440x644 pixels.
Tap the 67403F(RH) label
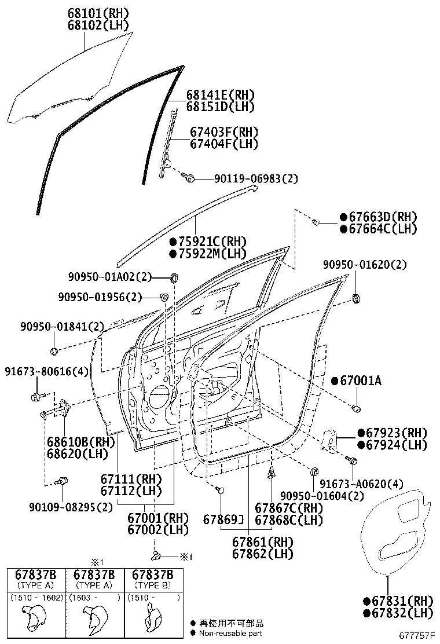[223, 132]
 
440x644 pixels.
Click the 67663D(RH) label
[378, 217]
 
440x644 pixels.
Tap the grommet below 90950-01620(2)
[357, 299]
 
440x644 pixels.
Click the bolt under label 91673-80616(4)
[36, 397]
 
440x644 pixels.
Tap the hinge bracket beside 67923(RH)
[332, 441]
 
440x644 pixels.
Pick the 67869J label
[223, 520]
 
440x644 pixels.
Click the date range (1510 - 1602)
[36, 597]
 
